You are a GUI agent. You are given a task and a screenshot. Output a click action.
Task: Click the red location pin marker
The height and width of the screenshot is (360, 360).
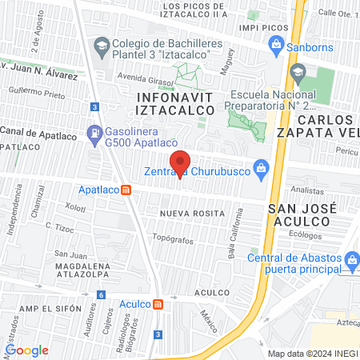click(x=180, y=162)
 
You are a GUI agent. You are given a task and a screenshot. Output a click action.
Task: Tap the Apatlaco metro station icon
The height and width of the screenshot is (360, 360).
click(x=126, y=190)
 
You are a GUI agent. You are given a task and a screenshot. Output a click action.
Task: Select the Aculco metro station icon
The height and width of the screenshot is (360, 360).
click(x=158, y=304)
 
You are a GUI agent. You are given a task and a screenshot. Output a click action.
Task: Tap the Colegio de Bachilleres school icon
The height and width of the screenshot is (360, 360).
click(x=102, y=48)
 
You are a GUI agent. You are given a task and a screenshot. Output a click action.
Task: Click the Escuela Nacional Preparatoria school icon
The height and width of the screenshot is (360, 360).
click(x=298, y=74)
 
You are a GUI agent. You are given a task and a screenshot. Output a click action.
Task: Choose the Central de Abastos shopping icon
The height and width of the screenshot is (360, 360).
click(x=350, y=258)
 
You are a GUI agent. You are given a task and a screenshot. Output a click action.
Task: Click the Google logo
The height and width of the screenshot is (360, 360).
click(x=26, y=350)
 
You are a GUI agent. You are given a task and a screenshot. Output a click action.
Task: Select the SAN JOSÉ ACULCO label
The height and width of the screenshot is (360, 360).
click(x=302, y=214)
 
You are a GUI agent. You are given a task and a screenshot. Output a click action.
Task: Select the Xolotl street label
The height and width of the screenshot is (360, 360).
click(x=75, y=207)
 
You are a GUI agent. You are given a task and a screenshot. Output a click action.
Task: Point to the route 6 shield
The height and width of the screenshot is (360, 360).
click(x=101, y=294)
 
